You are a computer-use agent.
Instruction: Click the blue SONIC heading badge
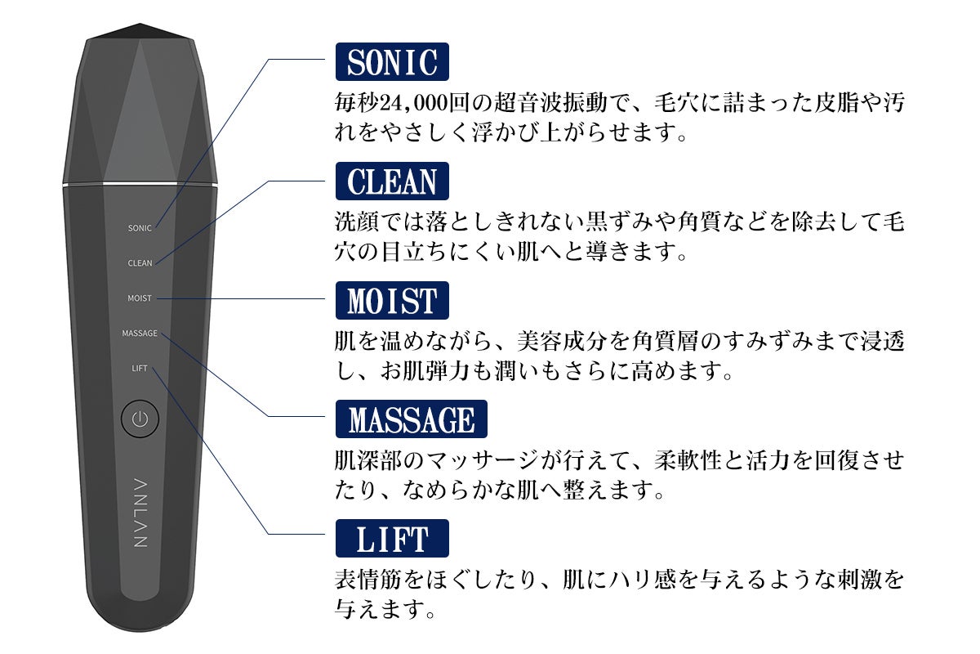pos(392,62)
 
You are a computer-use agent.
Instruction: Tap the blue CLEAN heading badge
pos(392,181)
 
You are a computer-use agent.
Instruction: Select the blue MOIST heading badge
pos(392,301)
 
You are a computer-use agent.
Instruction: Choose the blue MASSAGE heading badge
pos(412,419)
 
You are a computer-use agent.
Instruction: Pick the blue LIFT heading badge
pos(392,539)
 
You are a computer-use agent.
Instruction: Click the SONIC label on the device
pos(140,228)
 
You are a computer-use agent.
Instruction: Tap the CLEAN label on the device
pos(140,263)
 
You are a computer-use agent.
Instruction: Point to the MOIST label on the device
pos(140,298)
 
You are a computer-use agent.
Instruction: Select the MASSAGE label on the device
pos(140,334)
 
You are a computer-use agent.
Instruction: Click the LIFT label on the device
pos(140,369)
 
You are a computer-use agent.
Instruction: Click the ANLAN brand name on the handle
pos(140,513)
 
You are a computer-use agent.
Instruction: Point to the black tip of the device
pos(140,32)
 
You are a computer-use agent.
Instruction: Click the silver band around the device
pos(140,185)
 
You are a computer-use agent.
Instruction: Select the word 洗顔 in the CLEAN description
pos(357,222)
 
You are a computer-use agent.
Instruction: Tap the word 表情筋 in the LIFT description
pos(368,580)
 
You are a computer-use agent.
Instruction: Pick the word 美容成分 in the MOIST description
pos(562,341)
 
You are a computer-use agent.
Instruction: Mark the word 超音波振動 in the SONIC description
pos(550,103)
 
